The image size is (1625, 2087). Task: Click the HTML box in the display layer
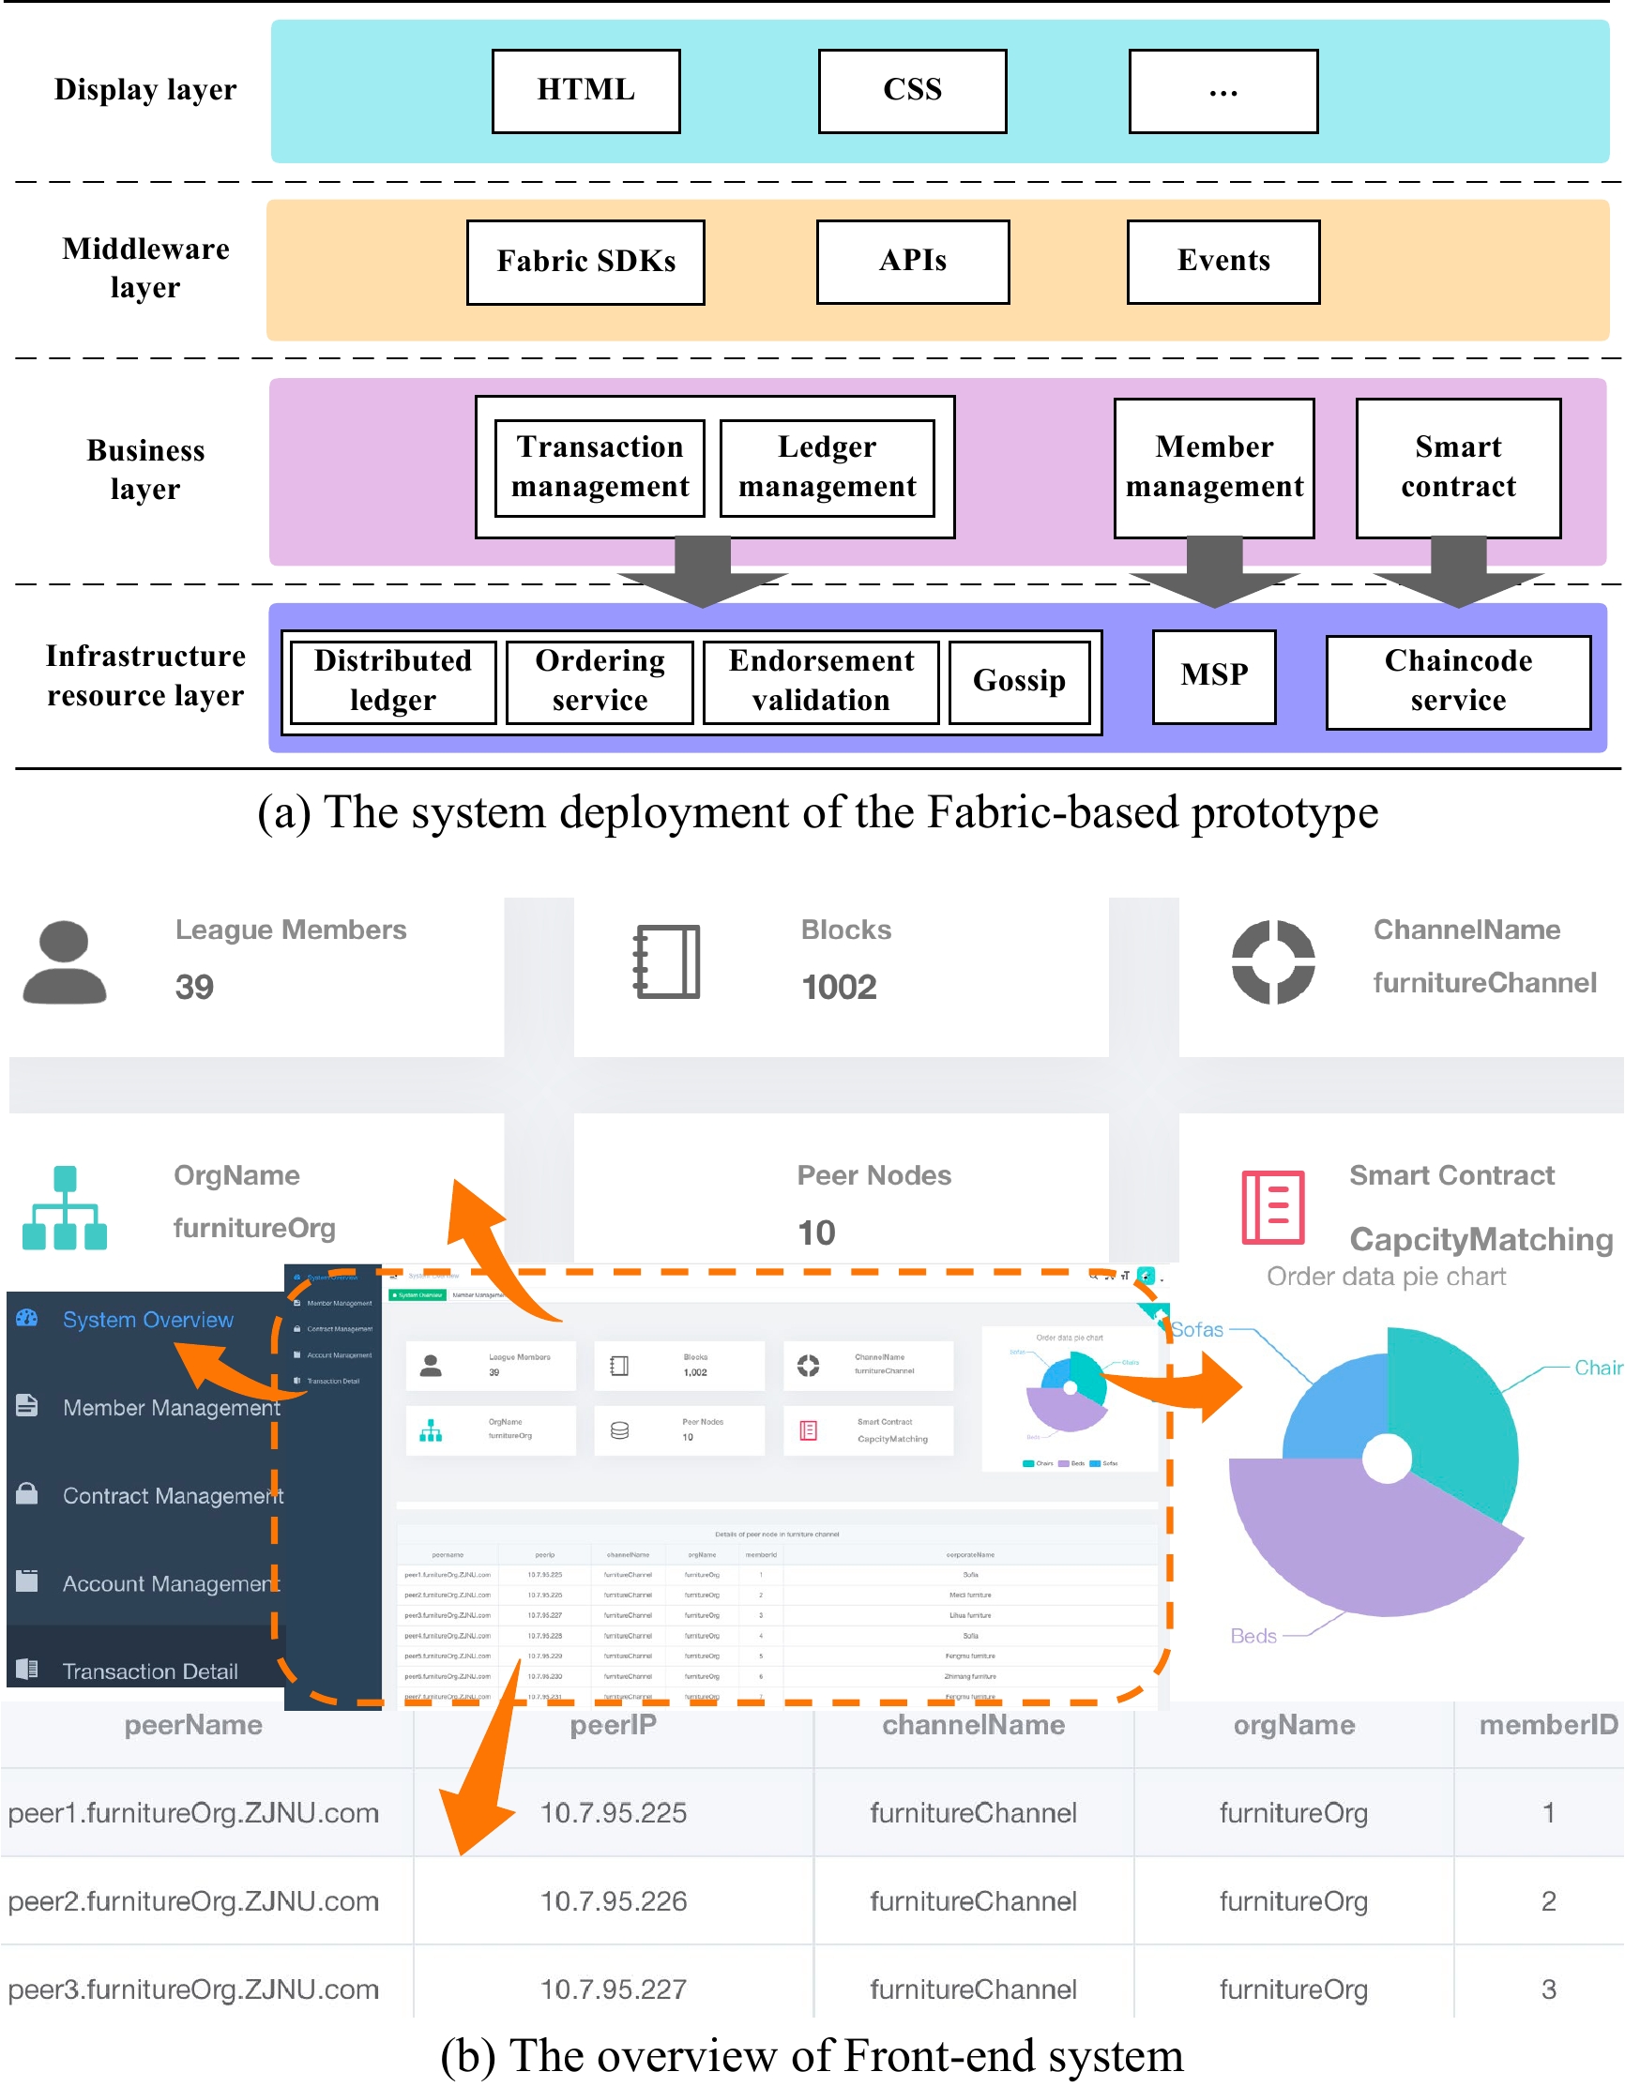(x=586, y=91)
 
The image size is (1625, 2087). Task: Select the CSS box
(x=912, y=91)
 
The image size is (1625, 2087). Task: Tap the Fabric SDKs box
(x=585, y=262)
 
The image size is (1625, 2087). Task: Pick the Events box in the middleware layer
(x=1223, y=262)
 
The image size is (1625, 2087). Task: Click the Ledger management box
(x=827, y=467)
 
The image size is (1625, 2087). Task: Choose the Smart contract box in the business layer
(x=1458, y=467)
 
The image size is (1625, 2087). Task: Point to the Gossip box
(x=1019, y=681)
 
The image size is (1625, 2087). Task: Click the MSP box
(x=1214, y=675)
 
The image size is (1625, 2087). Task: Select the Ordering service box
(x=600, y=681)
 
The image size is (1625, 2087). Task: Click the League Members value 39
(x=194, y=987)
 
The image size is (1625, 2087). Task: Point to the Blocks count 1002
(x=839, y=987)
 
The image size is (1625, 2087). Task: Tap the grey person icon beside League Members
(x=64, y=962)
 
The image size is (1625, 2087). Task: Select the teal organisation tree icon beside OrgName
(x=64, y=1208)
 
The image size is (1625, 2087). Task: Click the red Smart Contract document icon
(x=1272, y=1208)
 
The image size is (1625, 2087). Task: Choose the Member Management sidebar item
(x=170, y=1408)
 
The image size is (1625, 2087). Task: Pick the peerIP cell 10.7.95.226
(x=613, y=1900)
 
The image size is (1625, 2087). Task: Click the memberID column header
(x=1547, y=1725)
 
